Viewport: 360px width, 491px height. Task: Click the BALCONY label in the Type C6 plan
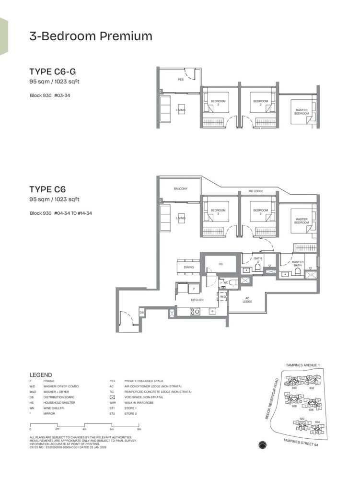point(181,189)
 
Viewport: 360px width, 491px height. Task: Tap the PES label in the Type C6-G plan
point(181,80)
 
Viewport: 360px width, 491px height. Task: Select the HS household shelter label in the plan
point(221,264)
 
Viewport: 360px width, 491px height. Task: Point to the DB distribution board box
point(141,313)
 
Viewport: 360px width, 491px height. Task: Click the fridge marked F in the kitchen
point(194,289)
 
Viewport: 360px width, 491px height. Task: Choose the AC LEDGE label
point(247,300)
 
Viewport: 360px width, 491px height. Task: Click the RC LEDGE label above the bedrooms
point(255,191)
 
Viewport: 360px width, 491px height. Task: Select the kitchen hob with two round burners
point(196,311)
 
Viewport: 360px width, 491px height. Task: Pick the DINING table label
point(189,267)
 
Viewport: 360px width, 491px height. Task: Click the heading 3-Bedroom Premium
point(91,36)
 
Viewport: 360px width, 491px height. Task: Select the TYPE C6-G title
point(52,72)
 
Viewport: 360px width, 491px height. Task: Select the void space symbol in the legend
point(113,397)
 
